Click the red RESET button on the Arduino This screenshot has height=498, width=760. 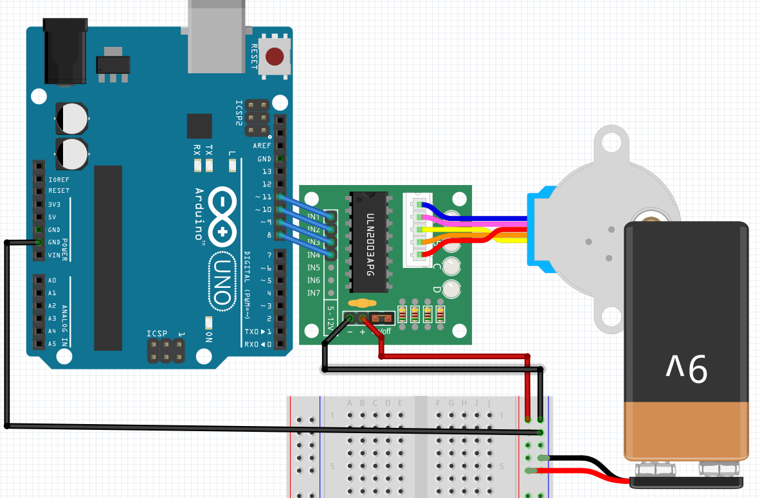point(275,57)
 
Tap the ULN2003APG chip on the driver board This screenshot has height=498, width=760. point(369,241)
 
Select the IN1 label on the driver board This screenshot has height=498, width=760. point(314,216)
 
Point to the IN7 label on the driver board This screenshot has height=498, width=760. point(314,293)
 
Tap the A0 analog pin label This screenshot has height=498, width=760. point(52,280)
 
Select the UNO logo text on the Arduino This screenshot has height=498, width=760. point(221,282)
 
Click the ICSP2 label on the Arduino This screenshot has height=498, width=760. point(239,112)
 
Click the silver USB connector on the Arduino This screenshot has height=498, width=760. point(217,35)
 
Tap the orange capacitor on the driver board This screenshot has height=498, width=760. point(362,303)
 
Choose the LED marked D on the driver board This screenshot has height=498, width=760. point(452,289)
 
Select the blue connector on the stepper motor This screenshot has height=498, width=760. point(538,229)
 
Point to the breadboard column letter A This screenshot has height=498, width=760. point(350,403)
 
